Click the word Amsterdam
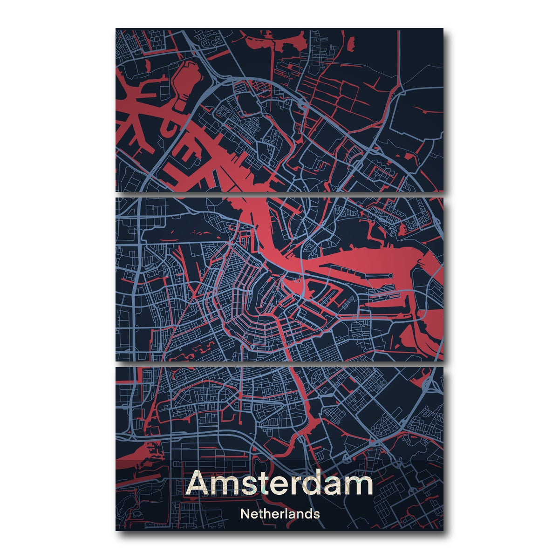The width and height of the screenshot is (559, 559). click(x=279, y=484)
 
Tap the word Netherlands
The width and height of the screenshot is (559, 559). click(x=279, y=514)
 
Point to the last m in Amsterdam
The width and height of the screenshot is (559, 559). click(x=359, y=486)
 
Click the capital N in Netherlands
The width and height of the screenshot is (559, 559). click(x=244, y=514)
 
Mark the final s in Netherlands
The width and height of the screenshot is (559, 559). click(x=317, y=515)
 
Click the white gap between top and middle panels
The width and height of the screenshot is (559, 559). click(x=279, y=194)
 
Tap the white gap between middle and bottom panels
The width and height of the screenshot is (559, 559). click(x=279, y=364)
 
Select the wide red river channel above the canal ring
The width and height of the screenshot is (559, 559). click(x=261, y=228)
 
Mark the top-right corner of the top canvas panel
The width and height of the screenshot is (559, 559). click(x=443, y=29)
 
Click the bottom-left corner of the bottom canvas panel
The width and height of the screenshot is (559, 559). click(x=116, y=530)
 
